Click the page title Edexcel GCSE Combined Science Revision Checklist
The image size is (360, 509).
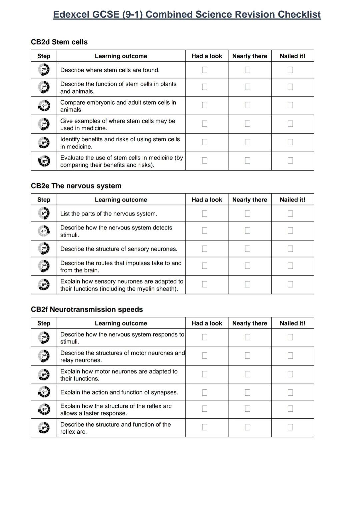pyautogui.click(x=187, y=15)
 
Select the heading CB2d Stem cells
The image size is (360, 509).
pyautogui.click(x=59, y=42)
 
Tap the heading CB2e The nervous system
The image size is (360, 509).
pyautogui.click(x=76, y=186)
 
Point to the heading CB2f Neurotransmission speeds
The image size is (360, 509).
pyautogui.click(x=87, y=309)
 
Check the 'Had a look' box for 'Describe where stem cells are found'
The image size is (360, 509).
pyautogui.click(x=205, y=70)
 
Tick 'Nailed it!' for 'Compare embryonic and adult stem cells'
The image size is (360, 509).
pyautogui.click(x=290, y=105)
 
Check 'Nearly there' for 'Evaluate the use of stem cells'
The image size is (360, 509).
pyautogui.click(x=247, y=161)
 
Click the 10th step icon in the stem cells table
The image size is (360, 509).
pyautogui.click(x=44, y=162)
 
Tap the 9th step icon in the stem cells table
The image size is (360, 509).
pyautogui.click(x=44, y=106)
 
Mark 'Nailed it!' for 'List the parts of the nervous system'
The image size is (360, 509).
pyautogui.click(x=290, y=214)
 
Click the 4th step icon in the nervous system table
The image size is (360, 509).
pyautogui.click(x=44, y=231)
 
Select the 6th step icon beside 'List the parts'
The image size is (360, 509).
pyautogui.click(x=44, y=213)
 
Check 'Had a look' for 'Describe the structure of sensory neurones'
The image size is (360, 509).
pyautogui.click(x=205, y=249)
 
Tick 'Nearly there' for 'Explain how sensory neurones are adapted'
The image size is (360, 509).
pyautogui.click(x=247, y=284)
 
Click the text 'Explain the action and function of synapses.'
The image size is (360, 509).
pyautogui.click(x=119, y=392)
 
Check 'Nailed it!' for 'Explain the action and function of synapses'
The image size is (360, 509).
pyautogui.click(x=290, y=393)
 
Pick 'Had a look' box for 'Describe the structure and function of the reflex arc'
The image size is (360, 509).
pyautogui.click(x=205, y=427)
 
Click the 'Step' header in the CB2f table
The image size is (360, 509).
pyautogui.click(x=44, y=323)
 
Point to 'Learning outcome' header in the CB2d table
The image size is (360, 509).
pyautogui.click(x=121, y=56)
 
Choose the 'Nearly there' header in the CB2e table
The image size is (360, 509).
pyautogui.click(x=250, y=200)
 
